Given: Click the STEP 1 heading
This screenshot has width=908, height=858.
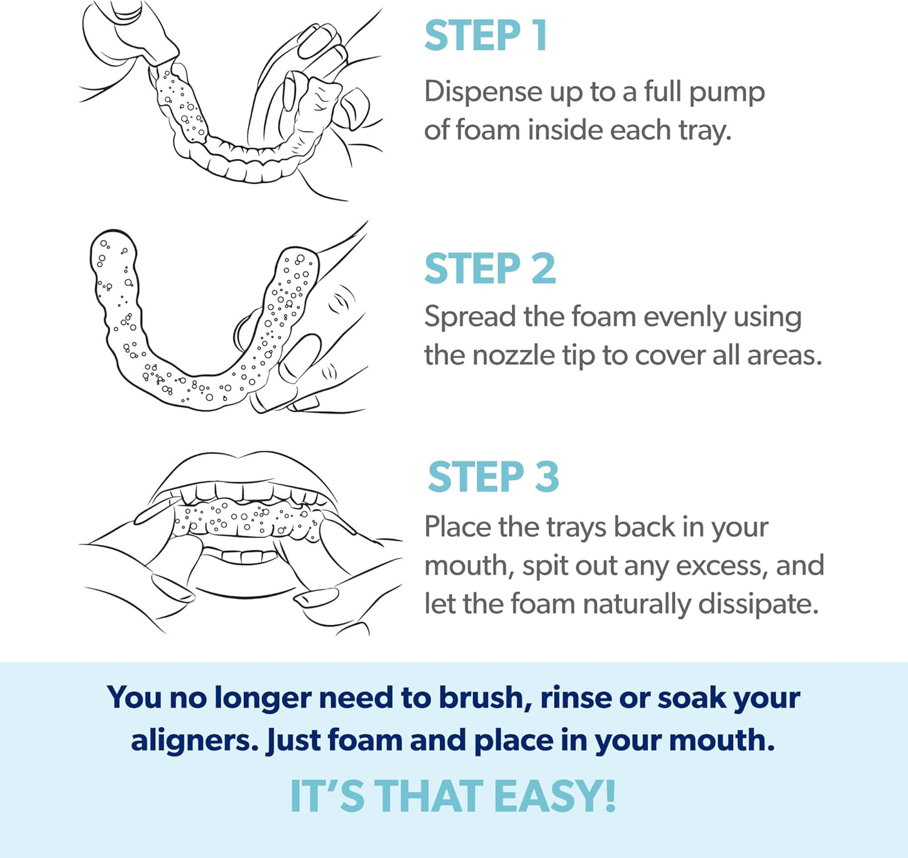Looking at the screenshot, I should (x=486, y=36).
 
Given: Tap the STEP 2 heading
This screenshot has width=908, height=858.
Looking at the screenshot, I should (x=490, y=269).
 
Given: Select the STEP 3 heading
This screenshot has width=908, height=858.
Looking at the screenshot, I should (x=493, y=477).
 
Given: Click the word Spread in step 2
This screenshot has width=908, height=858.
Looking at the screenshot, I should (x=469, y=317).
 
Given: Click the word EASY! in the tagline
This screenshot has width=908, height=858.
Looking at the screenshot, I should (x=555, y=796).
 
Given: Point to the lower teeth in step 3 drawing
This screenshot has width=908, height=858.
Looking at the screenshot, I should (x=243, y=556).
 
